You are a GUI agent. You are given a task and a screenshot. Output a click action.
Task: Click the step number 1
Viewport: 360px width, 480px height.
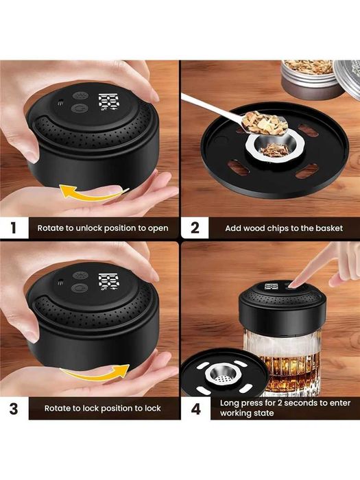click(x=13, y=228)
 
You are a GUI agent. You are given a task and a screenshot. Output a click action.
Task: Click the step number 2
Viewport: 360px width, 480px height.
click(x=195, y=228)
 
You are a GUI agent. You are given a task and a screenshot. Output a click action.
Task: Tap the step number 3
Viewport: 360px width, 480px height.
click(x=14, y=409)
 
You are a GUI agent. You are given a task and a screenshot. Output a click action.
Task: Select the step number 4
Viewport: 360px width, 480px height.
click(x=196, y=409)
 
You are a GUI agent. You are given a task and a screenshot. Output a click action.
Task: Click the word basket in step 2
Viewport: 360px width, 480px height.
click(x=329, y=228)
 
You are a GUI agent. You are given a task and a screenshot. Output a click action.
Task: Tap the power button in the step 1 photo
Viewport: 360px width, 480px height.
click(x=80, y=108)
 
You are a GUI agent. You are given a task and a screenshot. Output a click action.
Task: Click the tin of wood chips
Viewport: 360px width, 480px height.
click(x=311, y=79)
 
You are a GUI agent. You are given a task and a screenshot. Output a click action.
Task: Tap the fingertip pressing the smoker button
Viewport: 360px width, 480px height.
click(x=293, y=284)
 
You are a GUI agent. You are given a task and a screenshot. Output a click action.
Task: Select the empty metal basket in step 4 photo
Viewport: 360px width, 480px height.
click(x=224, y=376)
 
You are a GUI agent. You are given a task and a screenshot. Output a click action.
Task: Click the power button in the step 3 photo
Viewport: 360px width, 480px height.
click(x=80, y=288)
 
